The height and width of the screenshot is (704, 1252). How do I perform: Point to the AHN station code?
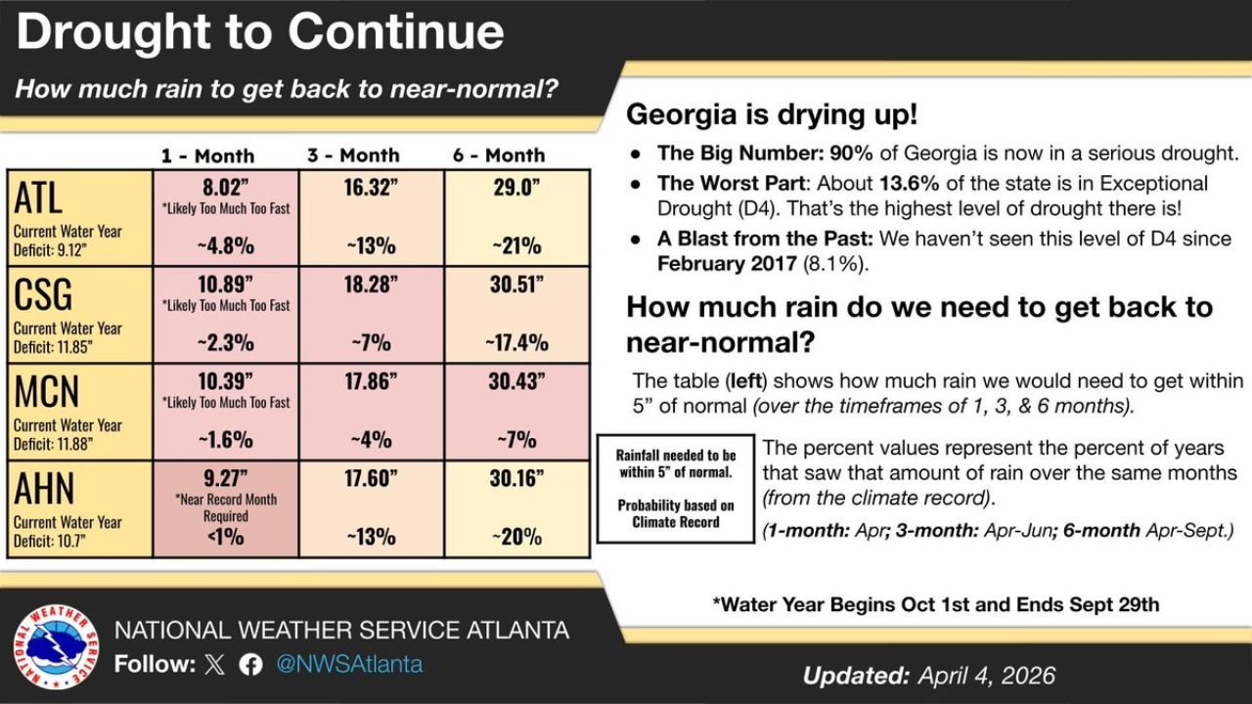pyautogui.click(x=44, y=488)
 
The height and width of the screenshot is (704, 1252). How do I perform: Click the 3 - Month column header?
pyautogui.click(x=352, y=155)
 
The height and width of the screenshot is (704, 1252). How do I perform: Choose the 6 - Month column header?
pyautogui.click(x=498, y=155)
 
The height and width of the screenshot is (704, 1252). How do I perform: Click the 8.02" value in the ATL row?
pyautogui.click(x=226, y=188)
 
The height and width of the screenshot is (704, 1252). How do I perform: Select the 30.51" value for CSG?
pyautogui.click(x=516, y=285)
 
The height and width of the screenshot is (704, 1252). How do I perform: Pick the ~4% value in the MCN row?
pyautogui.click(x=371, y=439)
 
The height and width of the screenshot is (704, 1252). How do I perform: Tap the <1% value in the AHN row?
pyautogui.click(x=226, y=536)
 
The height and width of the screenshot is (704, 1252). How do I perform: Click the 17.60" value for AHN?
pyautogui.click(x=371, y=478)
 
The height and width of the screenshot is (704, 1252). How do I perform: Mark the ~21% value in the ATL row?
pyautogui.click(x=516, y=245)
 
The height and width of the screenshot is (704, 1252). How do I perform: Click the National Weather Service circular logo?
pyautogui.click(x=56, y=647)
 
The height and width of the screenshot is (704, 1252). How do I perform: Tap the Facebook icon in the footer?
pyautogui.click(x=250, y=665)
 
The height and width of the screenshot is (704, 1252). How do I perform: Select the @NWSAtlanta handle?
pyautogui.click(x=349, y=665)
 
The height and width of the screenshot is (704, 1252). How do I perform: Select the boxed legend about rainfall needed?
pyautogui.click(x=676, y=488)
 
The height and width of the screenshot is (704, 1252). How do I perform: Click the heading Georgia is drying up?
pyautogui.click(x=772, y=114)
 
